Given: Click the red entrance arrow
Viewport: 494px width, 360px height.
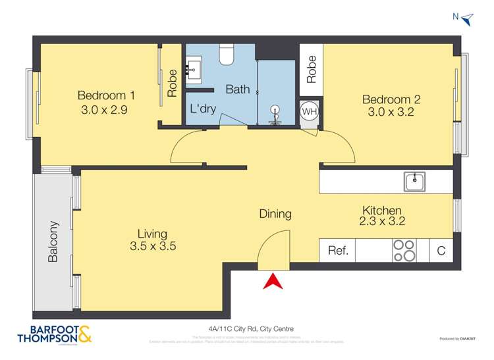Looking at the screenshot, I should click(x=273, y=281).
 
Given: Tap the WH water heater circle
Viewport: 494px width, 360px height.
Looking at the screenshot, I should click(x=310, y=111).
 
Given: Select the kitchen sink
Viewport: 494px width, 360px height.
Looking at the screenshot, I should click(x=415, y=181).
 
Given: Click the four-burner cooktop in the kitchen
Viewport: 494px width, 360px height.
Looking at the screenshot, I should click(x=404, y=250).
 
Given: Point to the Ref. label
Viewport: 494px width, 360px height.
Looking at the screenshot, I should click(x=337, y=250).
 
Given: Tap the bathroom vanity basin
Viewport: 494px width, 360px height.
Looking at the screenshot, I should click(x=194, y=68).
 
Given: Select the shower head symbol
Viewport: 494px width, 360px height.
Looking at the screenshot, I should click(x=275, y=113).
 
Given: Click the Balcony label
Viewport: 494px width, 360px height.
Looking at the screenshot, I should click(x=53, y=242).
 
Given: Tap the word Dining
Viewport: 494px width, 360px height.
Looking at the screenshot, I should click(x=275, y=214).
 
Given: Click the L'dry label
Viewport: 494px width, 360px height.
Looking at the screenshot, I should click(x=203, y=109).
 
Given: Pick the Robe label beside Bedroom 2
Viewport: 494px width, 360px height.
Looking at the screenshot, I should click(x=312, y=68).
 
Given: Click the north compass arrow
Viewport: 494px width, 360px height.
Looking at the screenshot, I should click(x=468, y=19).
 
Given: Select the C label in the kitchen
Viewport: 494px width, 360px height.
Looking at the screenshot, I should click(x=441, y=250).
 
